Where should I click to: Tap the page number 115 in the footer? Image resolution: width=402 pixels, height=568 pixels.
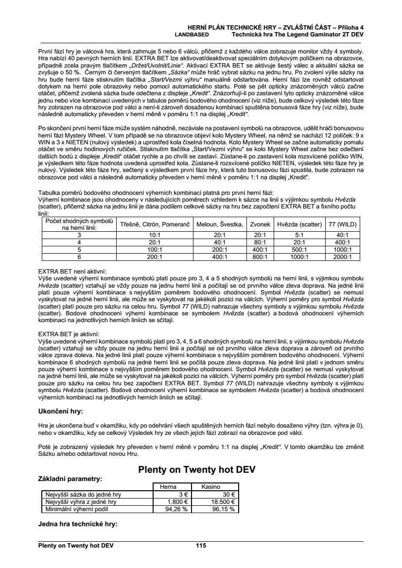click(201, 546)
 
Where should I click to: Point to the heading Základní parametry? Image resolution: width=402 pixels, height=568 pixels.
click(70, 479)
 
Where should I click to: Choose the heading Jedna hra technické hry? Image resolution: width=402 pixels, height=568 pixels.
click(78, 524)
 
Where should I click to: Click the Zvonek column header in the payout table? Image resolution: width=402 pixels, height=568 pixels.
click(260, 224)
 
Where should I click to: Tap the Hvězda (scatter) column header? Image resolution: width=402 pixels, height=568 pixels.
click(299, 224)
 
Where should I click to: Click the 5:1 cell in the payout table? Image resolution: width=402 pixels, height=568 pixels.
click(299, 235)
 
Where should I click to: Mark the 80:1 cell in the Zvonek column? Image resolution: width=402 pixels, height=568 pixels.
click(260, 242)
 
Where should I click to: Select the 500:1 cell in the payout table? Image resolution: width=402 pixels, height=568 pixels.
click(299, 249)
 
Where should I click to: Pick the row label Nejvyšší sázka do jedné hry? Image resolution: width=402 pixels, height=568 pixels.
click(83, 495)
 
